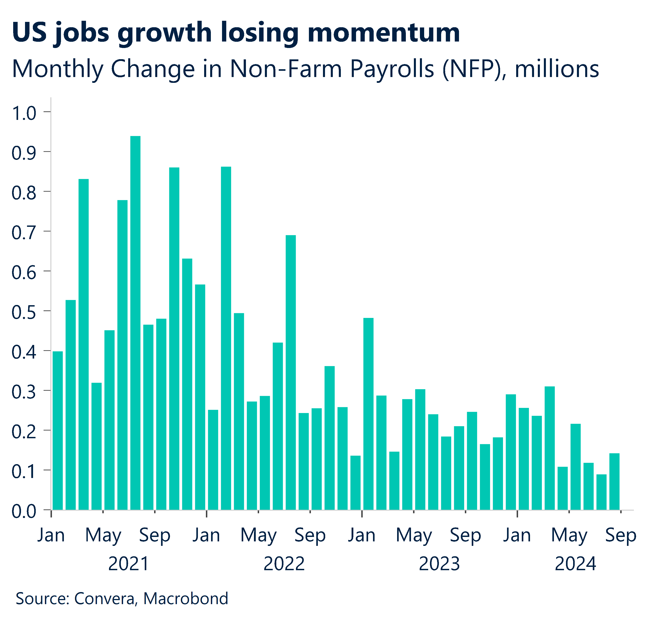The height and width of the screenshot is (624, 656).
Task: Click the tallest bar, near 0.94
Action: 135,323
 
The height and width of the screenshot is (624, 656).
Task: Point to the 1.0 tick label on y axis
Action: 24,113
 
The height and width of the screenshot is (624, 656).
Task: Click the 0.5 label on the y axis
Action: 24,312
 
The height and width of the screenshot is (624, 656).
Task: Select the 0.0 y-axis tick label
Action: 24,511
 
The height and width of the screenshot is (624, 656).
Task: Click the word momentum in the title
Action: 384,33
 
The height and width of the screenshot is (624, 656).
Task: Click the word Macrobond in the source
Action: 185,598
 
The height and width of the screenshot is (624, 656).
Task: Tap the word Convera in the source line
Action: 105,598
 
